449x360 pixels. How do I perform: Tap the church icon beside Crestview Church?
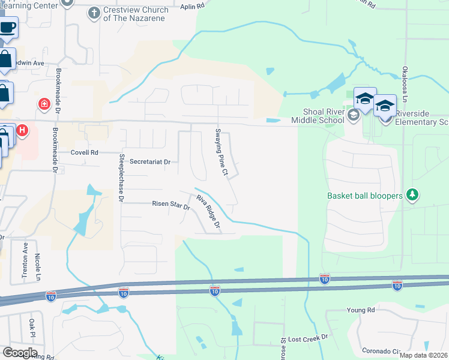coord(94,12)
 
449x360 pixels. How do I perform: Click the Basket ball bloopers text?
coord(365,196)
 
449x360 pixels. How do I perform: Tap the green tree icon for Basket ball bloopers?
coord(412,194)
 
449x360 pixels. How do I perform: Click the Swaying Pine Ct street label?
coord(221,152)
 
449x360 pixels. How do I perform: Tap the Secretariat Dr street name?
coord(150,162)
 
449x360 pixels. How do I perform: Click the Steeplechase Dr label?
coord(121,177)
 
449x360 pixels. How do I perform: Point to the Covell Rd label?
coord(83,152)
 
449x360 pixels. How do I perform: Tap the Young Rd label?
coord(360,310)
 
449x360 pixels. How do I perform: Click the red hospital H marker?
coord(22,130)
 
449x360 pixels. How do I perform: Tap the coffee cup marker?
coord(7,27)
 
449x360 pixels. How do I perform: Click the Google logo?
coord(20,352)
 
